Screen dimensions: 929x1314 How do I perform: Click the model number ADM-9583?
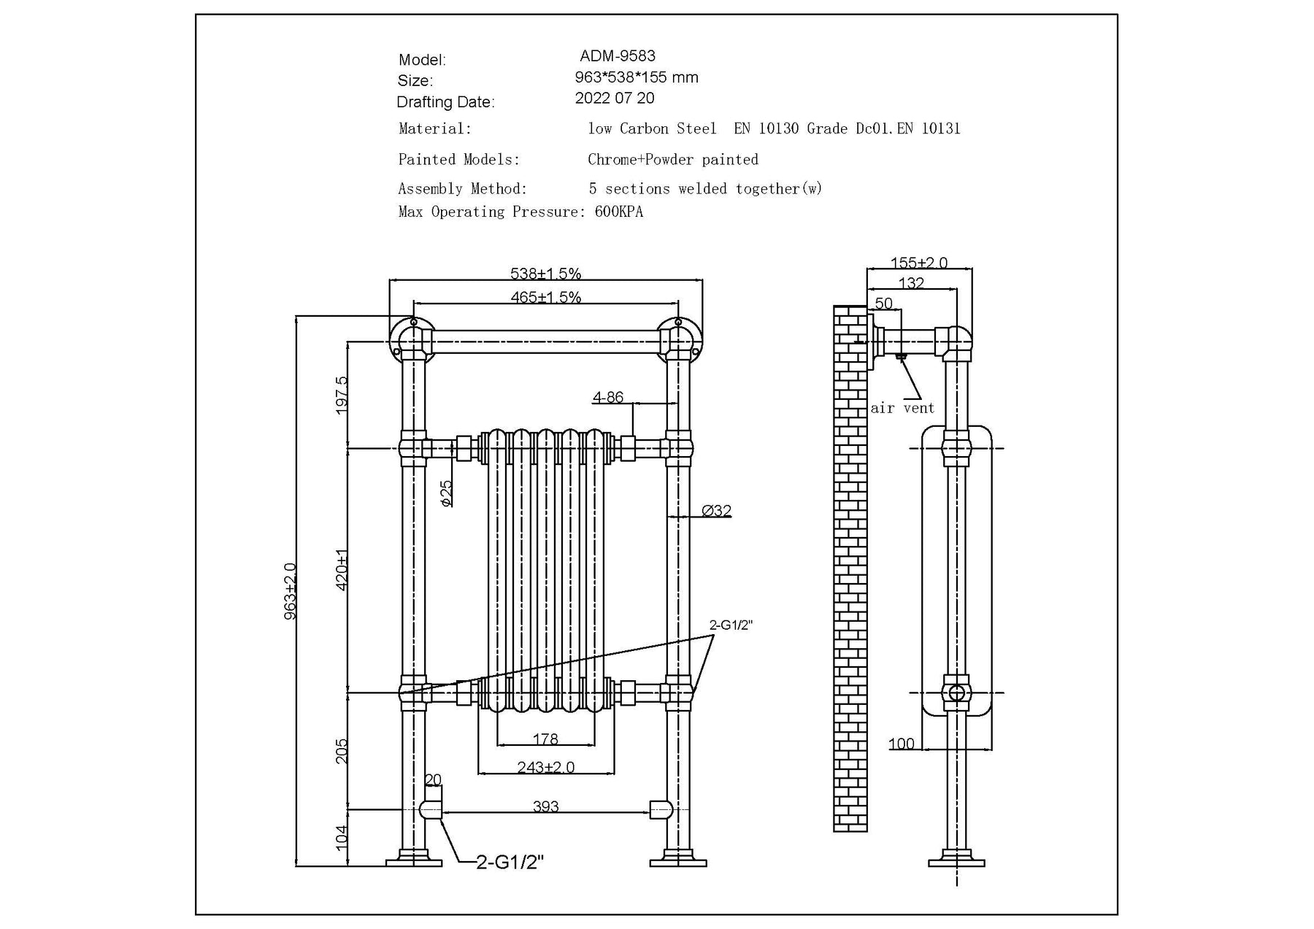tap(617, 56)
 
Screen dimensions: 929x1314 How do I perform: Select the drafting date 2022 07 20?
tap(614, 99)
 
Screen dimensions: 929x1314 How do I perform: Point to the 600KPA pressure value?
tap(619, 212)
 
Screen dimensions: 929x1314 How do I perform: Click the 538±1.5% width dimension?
tap(545, 274)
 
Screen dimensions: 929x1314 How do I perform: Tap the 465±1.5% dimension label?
tap(545, 297)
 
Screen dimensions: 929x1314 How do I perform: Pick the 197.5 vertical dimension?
tap(342, 396)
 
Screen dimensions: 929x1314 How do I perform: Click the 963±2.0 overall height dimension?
tap(290, 591)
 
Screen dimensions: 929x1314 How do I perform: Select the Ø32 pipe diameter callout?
tap(716, 511)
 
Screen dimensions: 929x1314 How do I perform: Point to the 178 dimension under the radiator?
tap(545, 739)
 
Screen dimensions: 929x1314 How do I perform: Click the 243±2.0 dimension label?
tap(545, 768)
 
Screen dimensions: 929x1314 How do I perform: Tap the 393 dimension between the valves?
tap(545, 806)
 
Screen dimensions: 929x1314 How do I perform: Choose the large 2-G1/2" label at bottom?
tap(510, 863)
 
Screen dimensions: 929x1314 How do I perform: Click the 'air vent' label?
tap(902, 409)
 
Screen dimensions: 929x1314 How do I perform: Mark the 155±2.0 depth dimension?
tap(918, 263)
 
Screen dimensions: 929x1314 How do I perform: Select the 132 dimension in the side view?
tap(911, 283)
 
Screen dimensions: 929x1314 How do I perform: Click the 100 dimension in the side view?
tap(901, 744)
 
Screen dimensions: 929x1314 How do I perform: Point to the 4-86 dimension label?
tap(608, 397)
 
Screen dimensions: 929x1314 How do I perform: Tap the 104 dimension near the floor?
tap(341, 837)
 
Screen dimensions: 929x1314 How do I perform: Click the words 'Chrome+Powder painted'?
tap(672, 160)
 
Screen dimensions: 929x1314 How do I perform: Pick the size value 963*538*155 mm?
tap(636, 77)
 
